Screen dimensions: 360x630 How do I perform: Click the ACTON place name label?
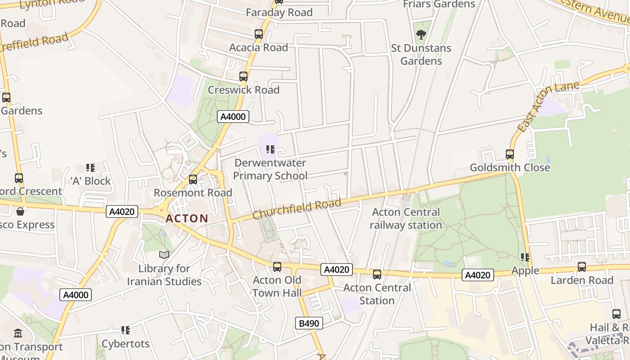(x=187, y=219)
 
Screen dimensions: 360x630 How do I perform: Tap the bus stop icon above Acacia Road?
(x=258, y=34)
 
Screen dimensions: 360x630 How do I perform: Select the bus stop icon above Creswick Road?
(x=243, y=76)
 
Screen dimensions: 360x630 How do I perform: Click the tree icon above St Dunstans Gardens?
(x=421, y=34)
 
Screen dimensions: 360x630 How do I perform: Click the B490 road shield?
(x=309, y=323)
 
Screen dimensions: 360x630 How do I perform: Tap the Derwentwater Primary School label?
(x=270, y=169)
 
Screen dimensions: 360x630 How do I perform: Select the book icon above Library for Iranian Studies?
(x=164, y=255)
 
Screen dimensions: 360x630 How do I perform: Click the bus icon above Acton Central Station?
(x=377, y=274)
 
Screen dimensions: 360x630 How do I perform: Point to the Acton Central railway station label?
(x=406, y=219)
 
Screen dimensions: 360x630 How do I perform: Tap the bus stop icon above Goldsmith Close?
(x=510, y=154)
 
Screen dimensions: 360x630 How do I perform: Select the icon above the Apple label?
(x=525, y=257)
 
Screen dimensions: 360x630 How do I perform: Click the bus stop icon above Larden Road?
(x=582, y=267)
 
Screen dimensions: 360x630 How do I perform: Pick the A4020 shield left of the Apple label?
(x=477, y=275)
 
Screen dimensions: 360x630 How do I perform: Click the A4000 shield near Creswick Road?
(x=233, y=117)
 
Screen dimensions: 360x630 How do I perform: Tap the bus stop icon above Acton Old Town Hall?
(x=277, y=267)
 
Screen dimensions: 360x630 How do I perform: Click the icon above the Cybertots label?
(x=126, y=330)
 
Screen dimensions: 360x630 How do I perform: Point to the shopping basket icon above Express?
(x=20, y=211)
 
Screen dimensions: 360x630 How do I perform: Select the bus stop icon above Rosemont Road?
(x=193, y=180)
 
